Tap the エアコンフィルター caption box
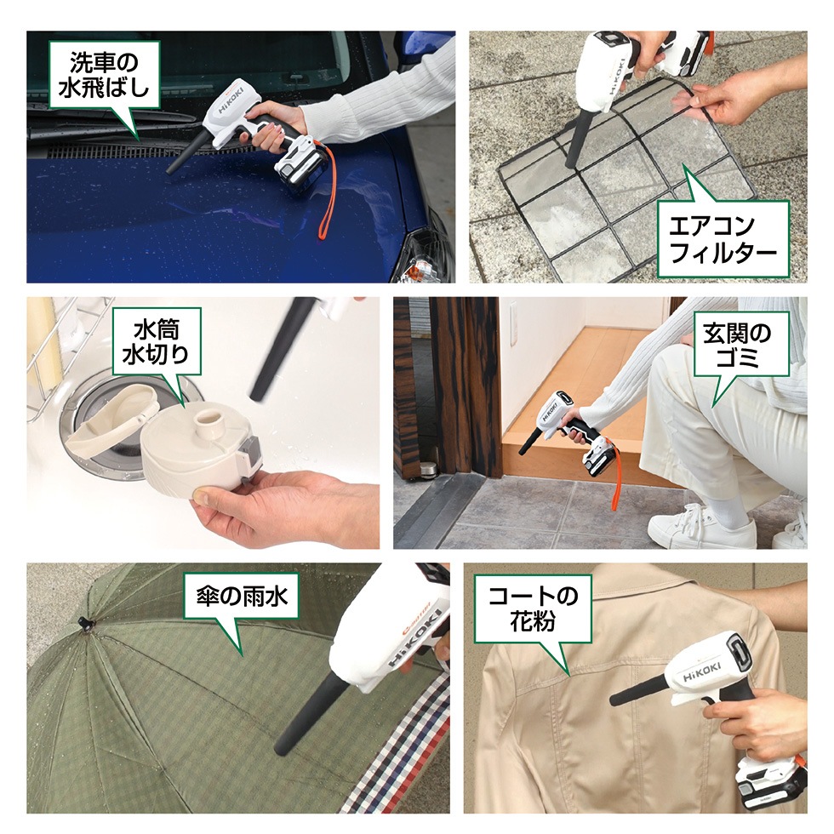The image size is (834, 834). [723, 239]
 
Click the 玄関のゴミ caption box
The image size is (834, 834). [738, 345]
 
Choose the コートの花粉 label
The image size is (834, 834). [533, 608]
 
